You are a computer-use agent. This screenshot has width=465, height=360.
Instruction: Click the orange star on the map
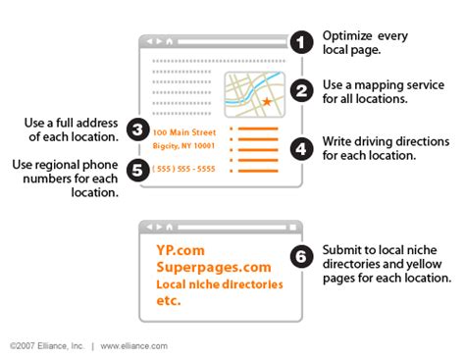(x=267, y=102)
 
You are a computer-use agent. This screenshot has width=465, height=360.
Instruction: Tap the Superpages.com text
(x=210, y=267)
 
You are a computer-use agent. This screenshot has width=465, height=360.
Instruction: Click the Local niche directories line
(x=218, y=284)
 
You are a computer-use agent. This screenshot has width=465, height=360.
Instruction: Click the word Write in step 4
(x=336, y=142)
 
